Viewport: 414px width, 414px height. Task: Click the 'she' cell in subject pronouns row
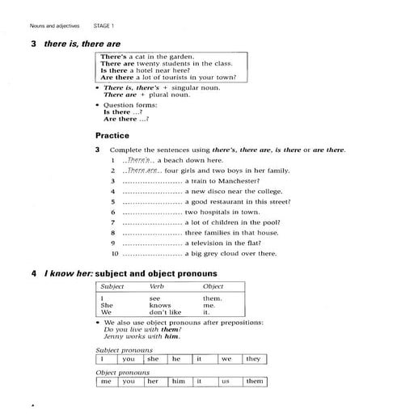pos(153,358)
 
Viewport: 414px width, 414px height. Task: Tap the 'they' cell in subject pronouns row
pos(253,358)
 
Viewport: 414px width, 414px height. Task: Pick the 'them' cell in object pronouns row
pos(254,381)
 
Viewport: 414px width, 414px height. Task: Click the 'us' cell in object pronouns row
pos(226,381)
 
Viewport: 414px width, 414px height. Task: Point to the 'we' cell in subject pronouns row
pos(226,358)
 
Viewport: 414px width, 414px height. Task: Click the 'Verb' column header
pos(156,286)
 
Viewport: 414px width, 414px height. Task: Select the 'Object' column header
pos(213,286)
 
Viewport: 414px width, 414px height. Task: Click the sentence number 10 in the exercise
pos(115,253)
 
